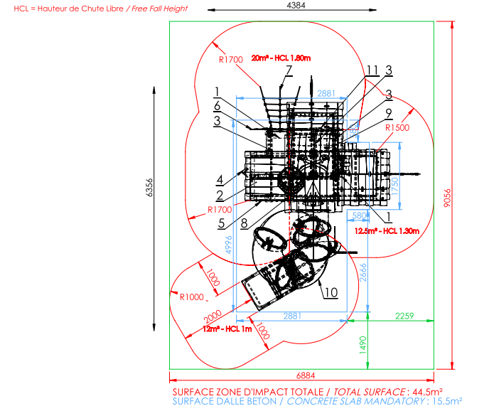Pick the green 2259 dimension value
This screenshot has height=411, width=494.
(405, 316)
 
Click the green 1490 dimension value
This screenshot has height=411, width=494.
(362, 344)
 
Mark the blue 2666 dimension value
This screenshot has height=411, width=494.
(362, 272)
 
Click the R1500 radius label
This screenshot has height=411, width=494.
(397, 128)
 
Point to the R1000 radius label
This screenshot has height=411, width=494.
(192, 297)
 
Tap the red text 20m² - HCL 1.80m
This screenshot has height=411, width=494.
(282, 58)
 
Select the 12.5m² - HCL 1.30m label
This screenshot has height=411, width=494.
(387, 231)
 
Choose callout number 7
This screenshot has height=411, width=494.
(289, 70)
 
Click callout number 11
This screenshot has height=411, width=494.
(372, 70)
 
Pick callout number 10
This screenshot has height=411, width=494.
(329, 292)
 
